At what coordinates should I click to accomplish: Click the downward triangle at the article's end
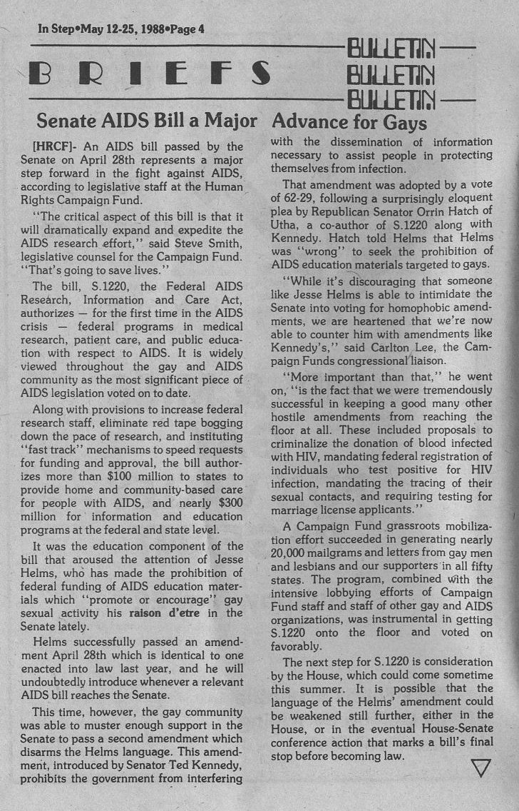(481, 768)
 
